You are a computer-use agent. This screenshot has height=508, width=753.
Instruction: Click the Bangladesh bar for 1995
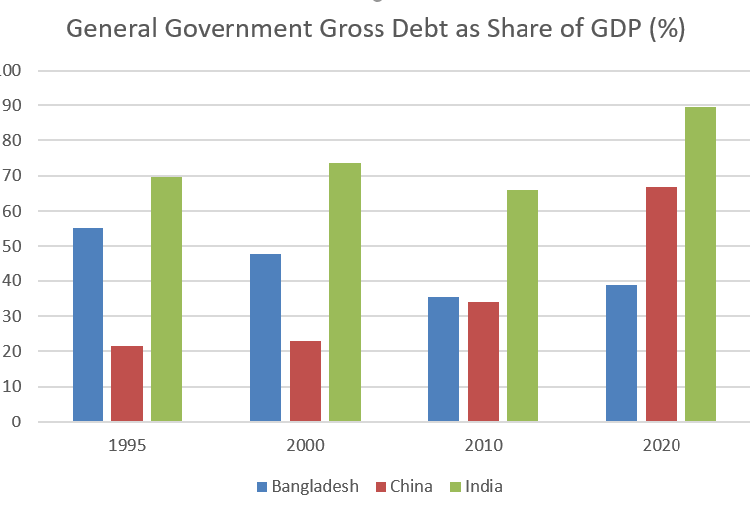[87, 324]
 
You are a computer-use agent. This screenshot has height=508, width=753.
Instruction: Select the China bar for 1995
[127, 383]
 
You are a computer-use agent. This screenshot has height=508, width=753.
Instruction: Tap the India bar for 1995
[166, 298]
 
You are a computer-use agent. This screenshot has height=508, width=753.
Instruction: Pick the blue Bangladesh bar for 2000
[265, 337]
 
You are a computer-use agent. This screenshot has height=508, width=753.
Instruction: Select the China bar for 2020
[661, 303]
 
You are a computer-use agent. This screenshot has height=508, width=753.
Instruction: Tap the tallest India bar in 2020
[699, 263]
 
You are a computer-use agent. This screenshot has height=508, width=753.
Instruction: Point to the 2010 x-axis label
[483, 446]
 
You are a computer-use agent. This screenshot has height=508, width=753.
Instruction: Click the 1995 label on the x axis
[127, 446]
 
